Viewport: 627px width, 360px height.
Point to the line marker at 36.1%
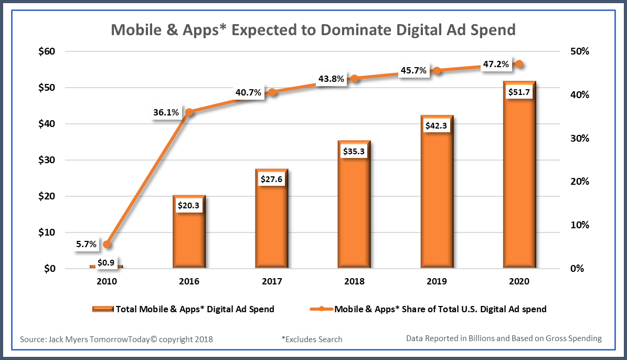coord(189,112)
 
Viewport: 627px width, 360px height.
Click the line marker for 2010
coord(107,245)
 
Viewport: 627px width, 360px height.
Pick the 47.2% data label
coord(495,64)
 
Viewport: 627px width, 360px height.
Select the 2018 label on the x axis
coord(354,281)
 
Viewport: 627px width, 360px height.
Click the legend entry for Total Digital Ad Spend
coord(183,309)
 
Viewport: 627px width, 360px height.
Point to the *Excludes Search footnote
coord(312,339)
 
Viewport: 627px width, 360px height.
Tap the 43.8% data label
coord(331,79)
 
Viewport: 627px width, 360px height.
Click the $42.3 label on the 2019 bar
coord(437,126)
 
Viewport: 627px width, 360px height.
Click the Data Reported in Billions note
coord(504,338)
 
